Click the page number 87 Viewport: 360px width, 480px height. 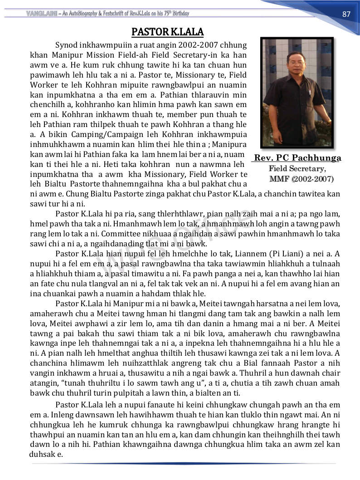click(346, 14)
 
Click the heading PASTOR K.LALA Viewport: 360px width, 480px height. click(167, 32)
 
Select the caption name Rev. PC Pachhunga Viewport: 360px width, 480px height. click(297, 158)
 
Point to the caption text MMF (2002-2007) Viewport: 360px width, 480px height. click(302, 179)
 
